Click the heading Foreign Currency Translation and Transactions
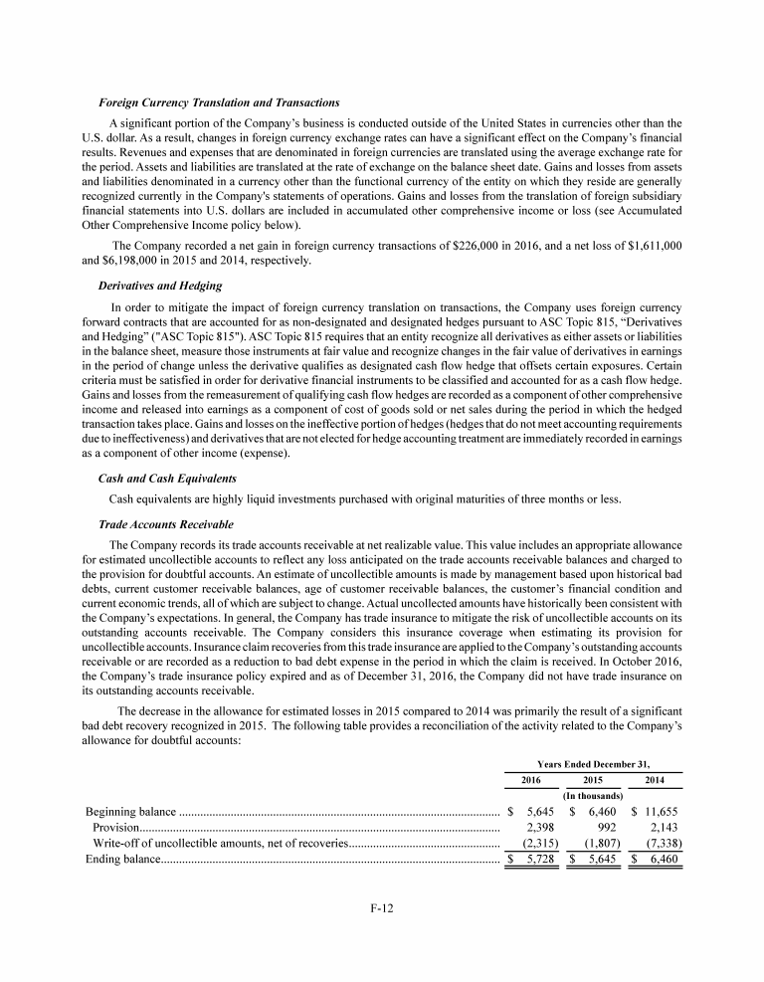click(x=219, y=103)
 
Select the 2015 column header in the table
click(x=593, y=780)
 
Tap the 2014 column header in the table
click(x=655, y=780)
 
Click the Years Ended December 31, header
click(x=593, y=763)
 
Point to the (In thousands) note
click(x=593, y=795)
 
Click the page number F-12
click(x=381, y=932)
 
